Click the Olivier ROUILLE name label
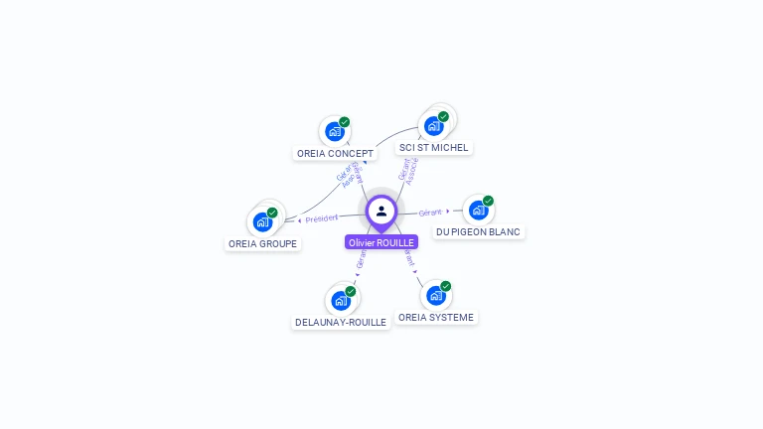(x=381, y=242)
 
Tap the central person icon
(x=381, y=211)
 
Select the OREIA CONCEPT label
(x=336, y=154)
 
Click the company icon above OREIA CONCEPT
(x=335, y=130)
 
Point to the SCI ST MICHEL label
(x=433, y=148)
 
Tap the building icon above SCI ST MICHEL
(x=433, y=126)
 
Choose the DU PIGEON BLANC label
(x=478, y=232)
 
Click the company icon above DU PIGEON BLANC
(x=478, y=211)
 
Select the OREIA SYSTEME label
(x=436, y=318)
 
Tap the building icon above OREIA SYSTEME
(x=435, y=295)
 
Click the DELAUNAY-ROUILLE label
(x=341, y=323)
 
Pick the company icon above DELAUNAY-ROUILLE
(x=341, y=300)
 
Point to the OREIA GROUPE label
(x=262, y=244)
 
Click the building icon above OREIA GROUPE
(x=262, y=221)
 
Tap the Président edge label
(x=321, y=218)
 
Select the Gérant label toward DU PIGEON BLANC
(x=430, y=213)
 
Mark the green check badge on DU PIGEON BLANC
(x=488, y=201)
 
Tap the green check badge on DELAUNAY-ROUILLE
(x=351, y=291)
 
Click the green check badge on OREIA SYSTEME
(x=445, y=286)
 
